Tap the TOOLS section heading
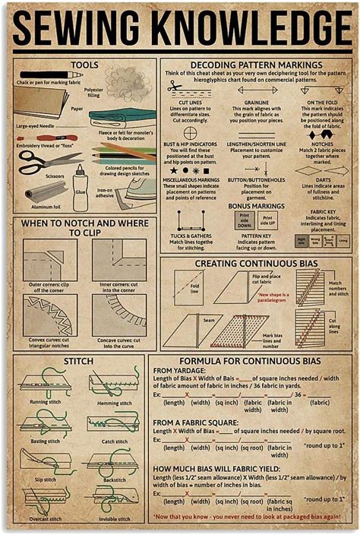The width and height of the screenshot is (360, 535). (84, 65)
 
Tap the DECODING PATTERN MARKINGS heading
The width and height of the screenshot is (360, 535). (255, 65)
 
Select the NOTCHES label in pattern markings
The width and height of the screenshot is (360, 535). (322, 144)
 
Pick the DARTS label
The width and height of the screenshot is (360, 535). (322, 179)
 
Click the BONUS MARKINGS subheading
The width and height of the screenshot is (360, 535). (255, 206)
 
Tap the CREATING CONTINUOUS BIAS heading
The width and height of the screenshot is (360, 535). (255, 263)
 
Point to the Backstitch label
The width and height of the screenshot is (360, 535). (115, 480)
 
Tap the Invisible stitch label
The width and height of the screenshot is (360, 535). (115, 519)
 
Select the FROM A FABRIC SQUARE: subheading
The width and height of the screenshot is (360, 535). (197, 422)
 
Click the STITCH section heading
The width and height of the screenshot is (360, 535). (78, 360)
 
